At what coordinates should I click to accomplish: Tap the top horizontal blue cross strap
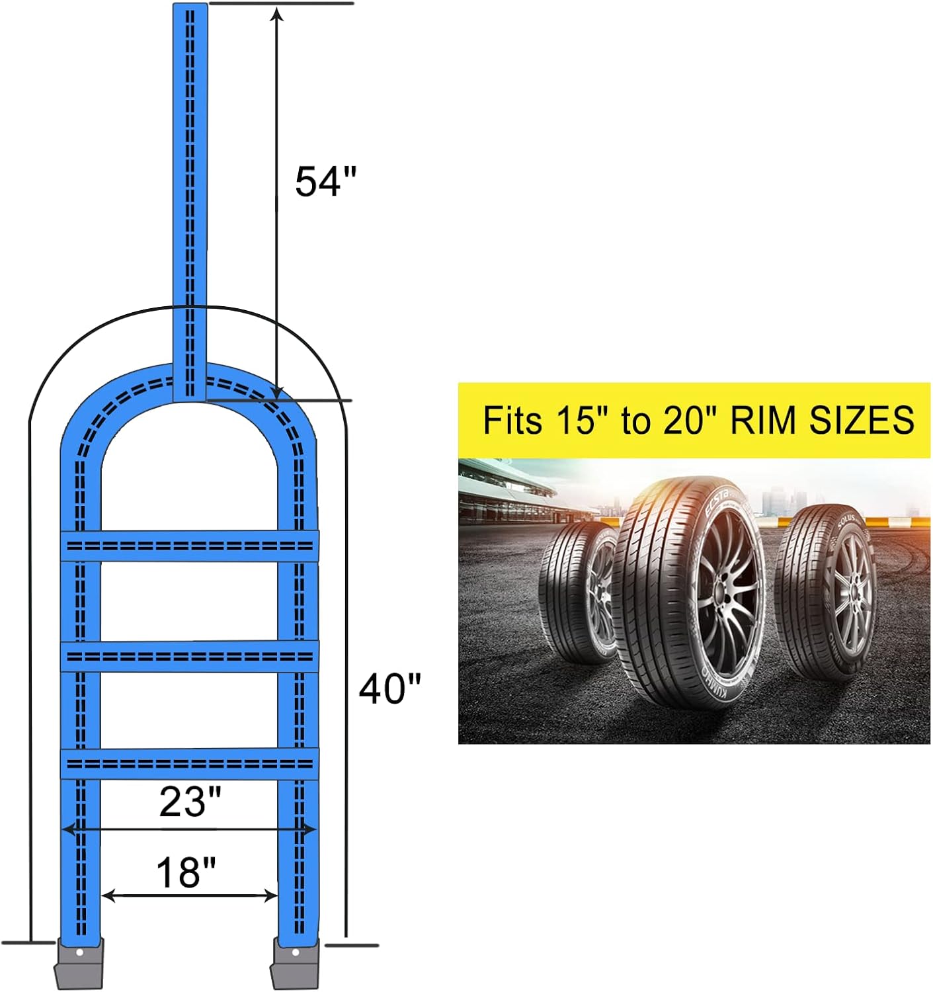point(190,546)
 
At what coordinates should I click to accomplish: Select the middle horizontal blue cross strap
point(190,656)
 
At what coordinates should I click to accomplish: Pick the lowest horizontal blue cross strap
point(190,765)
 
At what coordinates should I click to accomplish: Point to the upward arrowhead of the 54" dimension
point(278,15)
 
